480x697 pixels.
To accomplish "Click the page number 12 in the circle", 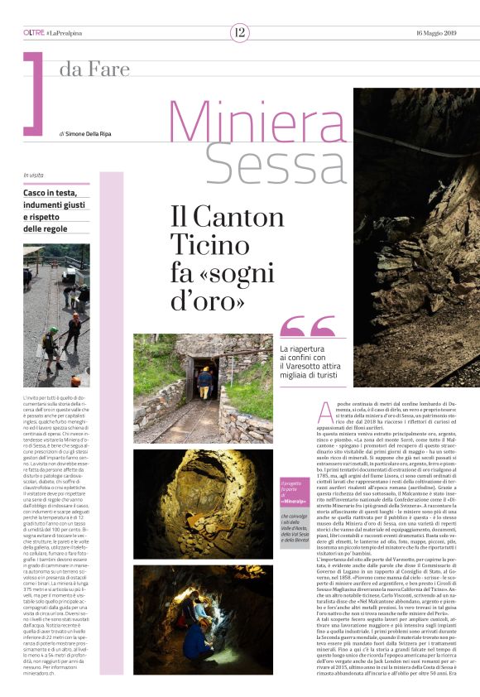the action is tap(239, 32).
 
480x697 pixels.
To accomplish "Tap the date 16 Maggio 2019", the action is tap(436, 32).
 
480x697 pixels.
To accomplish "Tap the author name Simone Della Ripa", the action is tap(93, 133).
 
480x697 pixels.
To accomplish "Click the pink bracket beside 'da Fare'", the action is tap(34, 93).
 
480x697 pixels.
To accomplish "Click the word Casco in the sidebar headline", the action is tap(36, 192).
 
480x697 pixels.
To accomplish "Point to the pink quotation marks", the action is tap(307, 327).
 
